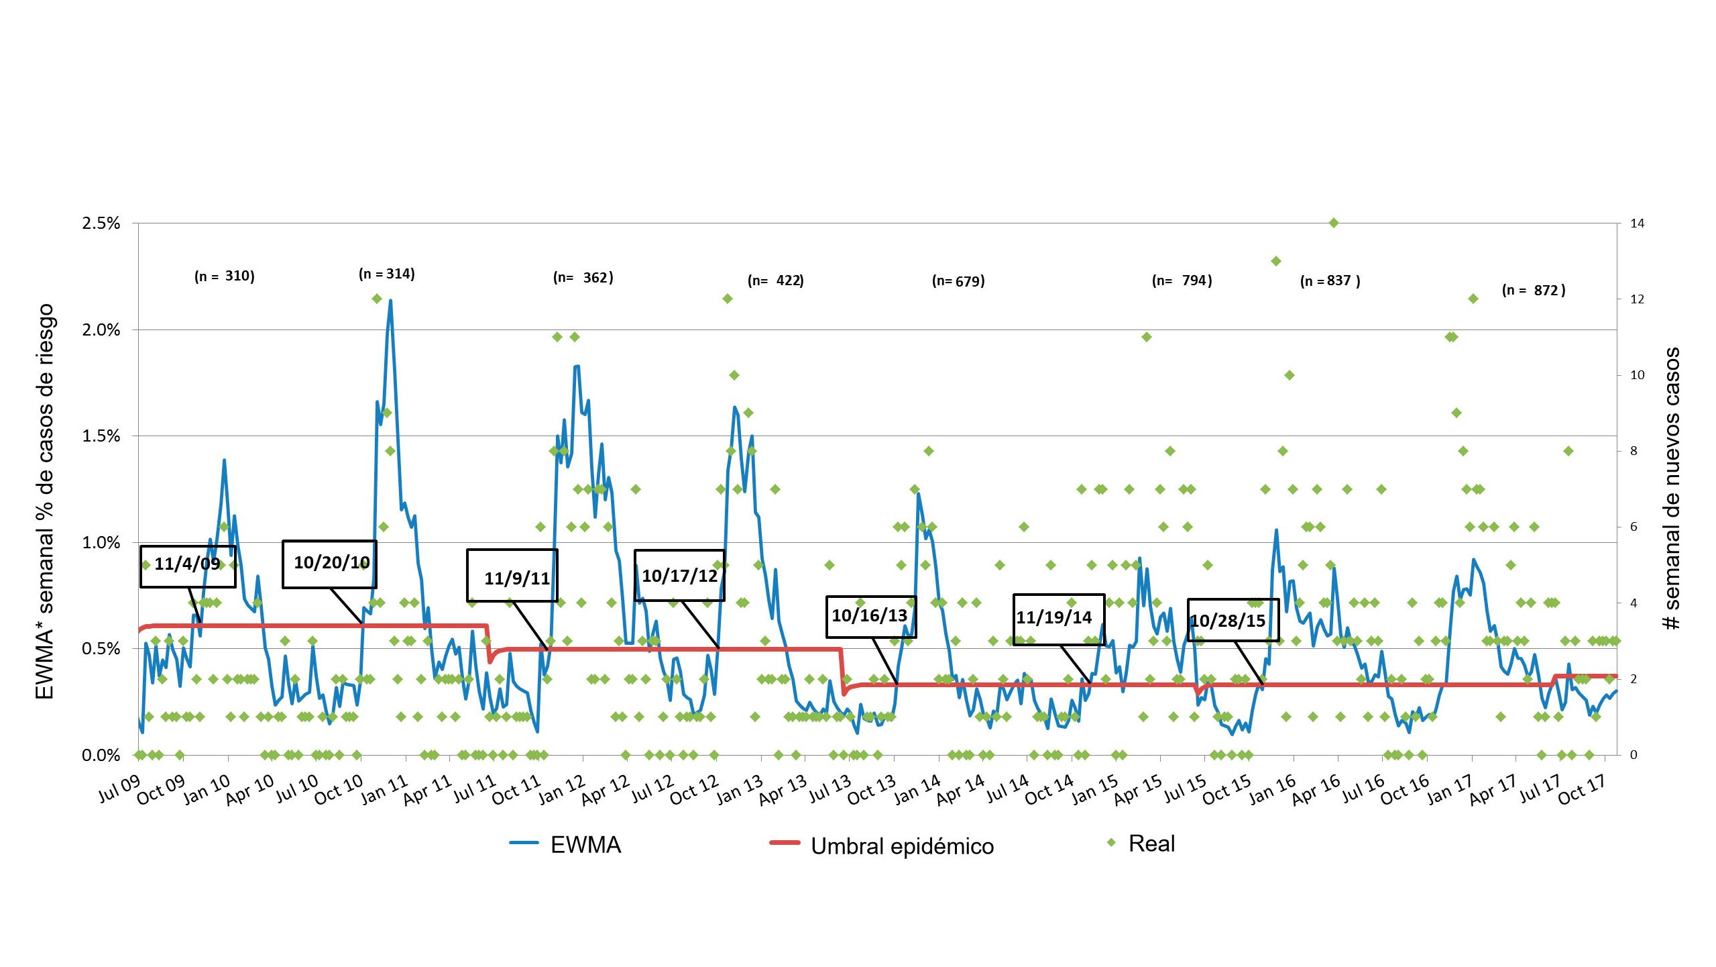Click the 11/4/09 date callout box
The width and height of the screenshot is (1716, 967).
coord(188,566)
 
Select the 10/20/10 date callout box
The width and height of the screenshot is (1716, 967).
coord(329,564)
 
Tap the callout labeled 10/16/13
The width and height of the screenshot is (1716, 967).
coord(870,616)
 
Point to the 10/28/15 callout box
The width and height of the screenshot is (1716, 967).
coord(1233,620)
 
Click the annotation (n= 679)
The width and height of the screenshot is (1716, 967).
coord(958,281)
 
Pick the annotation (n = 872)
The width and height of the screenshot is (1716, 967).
coord(1534,291)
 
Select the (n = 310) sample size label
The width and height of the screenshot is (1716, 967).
coord(224,276)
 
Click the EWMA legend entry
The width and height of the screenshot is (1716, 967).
coord(567,845)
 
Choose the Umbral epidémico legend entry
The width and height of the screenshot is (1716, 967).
coord(882,846)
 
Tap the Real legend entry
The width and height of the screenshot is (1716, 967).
coord(1141,844)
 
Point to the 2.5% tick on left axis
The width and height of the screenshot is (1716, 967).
coord(101,223)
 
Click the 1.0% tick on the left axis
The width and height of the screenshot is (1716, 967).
coord(101,543)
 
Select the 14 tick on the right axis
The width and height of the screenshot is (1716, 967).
coord(1637,223)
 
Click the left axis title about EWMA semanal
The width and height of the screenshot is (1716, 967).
coord(45,502)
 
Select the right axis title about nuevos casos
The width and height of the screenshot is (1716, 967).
coord(1672,489)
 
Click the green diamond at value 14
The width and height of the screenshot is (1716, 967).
coord(1334,223)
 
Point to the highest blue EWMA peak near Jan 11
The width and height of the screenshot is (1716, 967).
coord(390,301)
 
